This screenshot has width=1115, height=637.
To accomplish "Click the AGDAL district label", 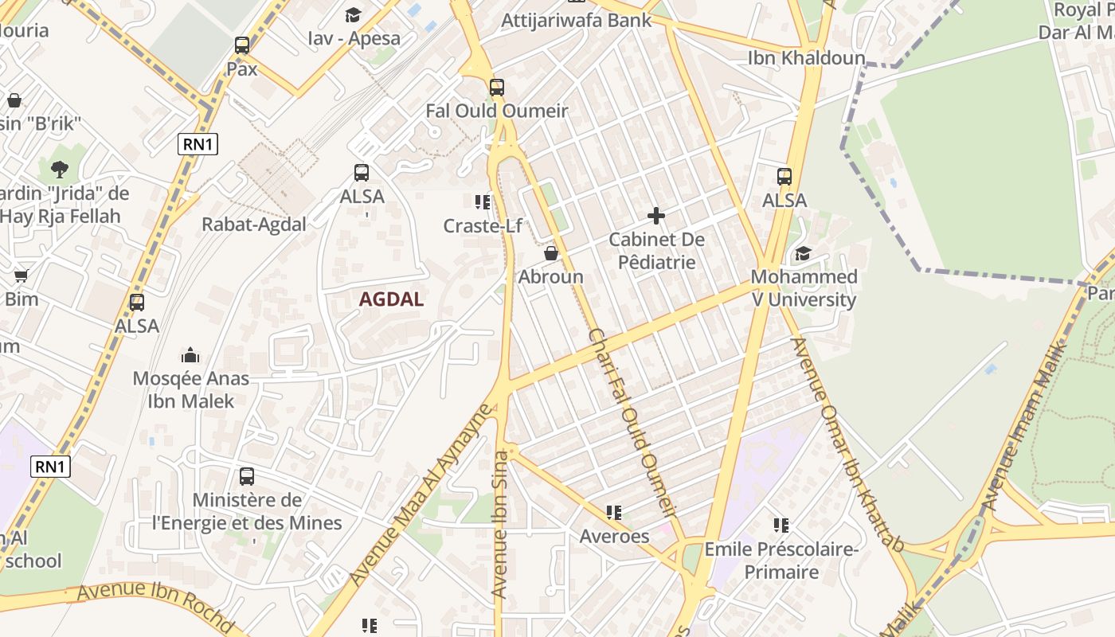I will point(391,299).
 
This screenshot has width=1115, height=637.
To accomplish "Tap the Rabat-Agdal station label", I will point(254,224).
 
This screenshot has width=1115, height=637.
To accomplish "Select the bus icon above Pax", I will point(242,45).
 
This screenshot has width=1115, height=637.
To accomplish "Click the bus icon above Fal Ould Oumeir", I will point(497,87).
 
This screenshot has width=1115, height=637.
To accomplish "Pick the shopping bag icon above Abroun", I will point(550,253).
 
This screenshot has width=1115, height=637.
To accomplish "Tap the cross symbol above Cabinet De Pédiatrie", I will point(656,216).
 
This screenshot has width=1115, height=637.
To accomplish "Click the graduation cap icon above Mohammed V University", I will point(803,254).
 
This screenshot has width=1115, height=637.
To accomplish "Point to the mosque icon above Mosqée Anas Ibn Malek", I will point(190,354).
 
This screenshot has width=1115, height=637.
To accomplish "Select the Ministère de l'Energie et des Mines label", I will point(247,511).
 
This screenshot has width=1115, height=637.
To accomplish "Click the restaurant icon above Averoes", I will point(613,512).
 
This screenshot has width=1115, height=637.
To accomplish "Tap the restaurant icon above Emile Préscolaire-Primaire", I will point(781,525).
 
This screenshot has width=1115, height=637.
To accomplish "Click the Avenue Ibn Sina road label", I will point(500,526).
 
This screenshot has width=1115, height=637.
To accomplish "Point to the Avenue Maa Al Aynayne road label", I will point(422,494).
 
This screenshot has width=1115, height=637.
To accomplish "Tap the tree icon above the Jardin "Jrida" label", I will point(60,169).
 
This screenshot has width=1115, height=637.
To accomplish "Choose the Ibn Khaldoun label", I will point(806,58).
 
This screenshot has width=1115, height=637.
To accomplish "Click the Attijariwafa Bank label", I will point(577,20).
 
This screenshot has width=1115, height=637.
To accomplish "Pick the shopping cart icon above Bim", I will point(21,276).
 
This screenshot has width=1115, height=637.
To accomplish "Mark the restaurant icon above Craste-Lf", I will point(482,202).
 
